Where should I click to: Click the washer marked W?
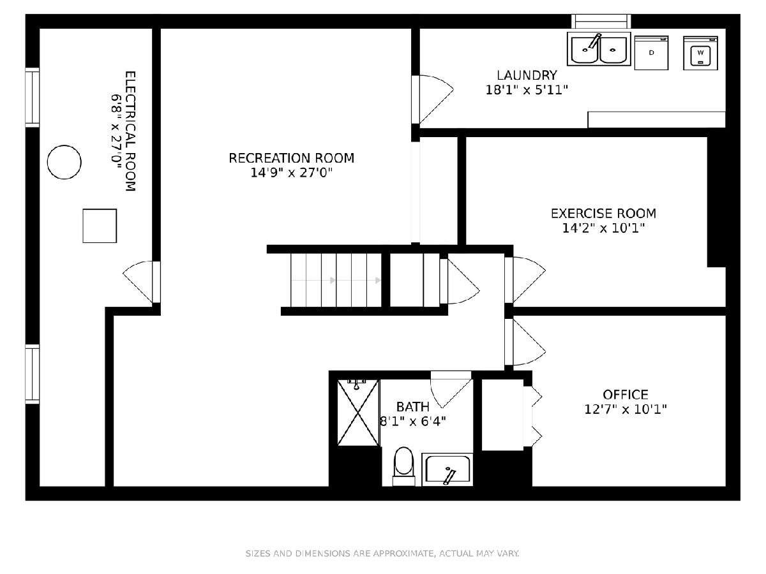[700, 53]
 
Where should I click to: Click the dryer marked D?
[651, 53]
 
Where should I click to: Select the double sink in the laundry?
[599, 49]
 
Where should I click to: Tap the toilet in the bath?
[403, 466]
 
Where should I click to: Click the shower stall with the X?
[358, 413]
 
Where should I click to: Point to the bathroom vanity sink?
[447, 469]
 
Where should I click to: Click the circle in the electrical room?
[64, 162]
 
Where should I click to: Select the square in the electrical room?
[100, 226]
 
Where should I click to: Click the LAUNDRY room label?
[527, 75]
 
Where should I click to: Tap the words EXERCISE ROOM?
[603, 213]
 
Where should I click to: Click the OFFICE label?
[626, 395]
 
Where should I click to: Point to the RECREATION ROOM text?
[291, 158]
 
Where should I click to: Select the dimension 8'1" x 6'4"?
[413, 422]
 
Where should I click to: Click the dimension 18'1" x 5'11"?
[527, 91]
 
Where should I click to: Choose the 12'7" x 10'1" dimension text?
[626, 409]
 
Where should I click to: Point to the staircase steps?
[336, 280]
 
